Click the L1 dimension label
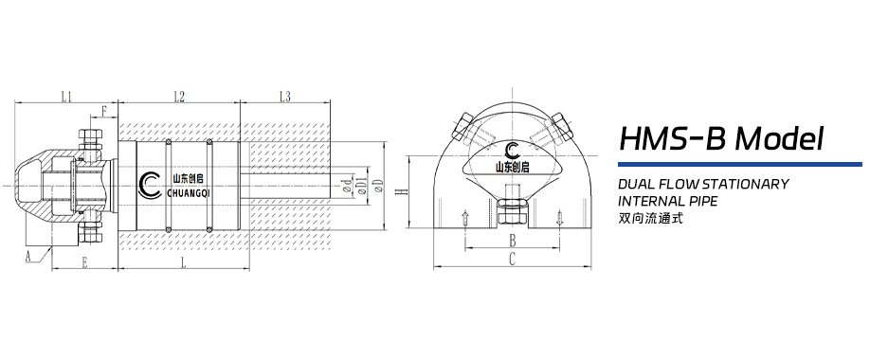(67, 96)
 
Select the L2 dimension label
(179, 96)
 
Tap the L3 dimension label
(285, 96)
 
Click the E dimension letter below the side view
(85, 260)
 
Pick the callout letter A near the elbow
(28, 255)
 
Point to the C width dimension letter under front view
(512, 258)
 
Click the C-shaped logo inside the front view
(513, 152)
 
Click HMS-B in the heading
(672, 139)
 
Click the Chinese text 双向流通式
(650, 218)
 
